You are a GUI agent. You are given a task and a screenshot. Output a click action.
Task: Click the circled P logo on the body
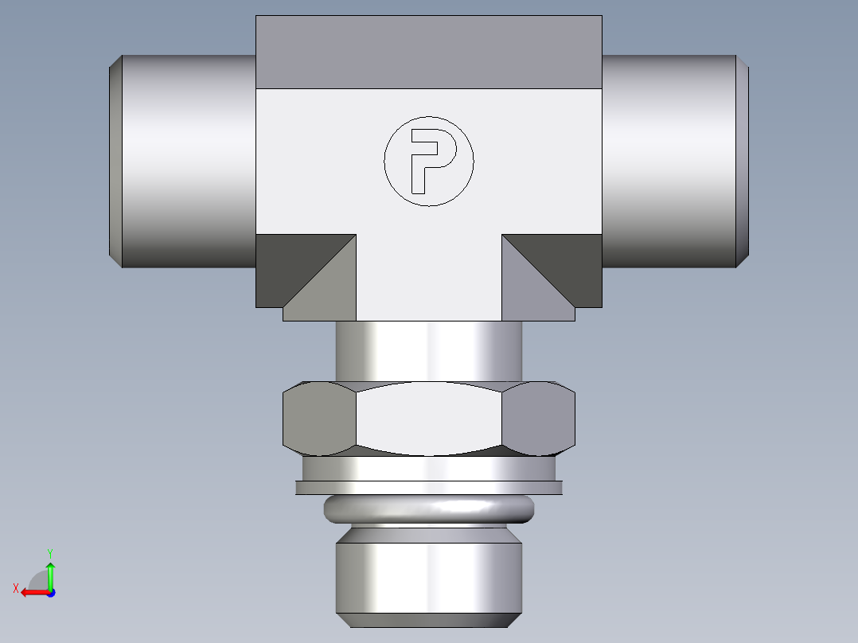pyautogui.click(x=429, y=161)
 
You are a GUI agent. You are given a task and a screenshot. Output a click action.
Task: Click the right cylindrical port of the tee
pyautogui.click(x=669, y=161)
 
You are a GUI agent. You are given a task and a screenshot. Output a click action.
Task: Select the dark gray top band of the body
pyautogui.click(x=429, y=52)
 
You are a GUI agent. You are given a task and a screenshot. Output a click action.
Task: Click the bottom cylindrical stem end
pyautogui.click(x=429, y=577)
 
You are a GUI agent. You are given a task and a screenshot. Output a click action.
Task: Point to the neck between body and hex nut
pyautogui.click(x=429, y=350)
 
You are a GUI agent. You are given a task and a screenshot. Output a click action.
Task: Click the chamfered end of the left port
pyautogui.click(x=115, y=161)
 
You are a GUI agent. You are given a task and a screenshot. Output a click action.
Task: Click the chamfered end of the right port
pyautogui.click(x=743, y=161)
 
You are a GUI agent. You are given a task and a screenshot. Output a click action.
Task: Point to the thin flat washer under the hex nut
pyautogui.click(x=429, y=487)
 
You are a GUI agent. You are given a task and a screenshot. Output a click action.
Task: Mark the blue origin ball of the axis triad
pyautogui.click(x=50, y=593)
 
